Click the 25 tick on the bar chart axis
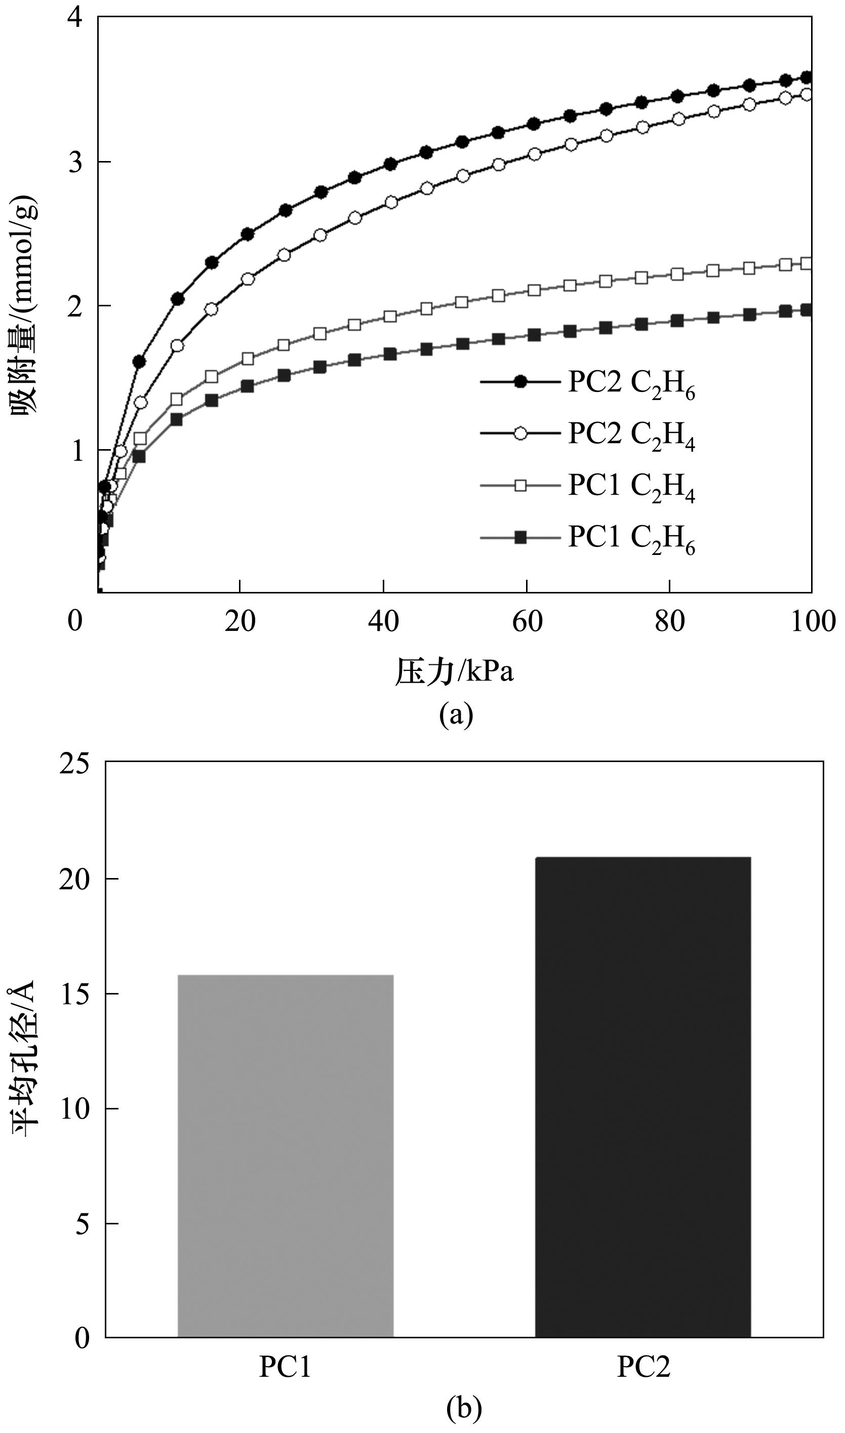click(x=75, y=763)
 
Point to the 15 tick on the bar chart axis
click(x=75, y=994)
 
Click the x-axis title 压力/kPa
click(x=454, y=672)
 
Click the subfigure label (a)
click(x=456, y=714)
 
